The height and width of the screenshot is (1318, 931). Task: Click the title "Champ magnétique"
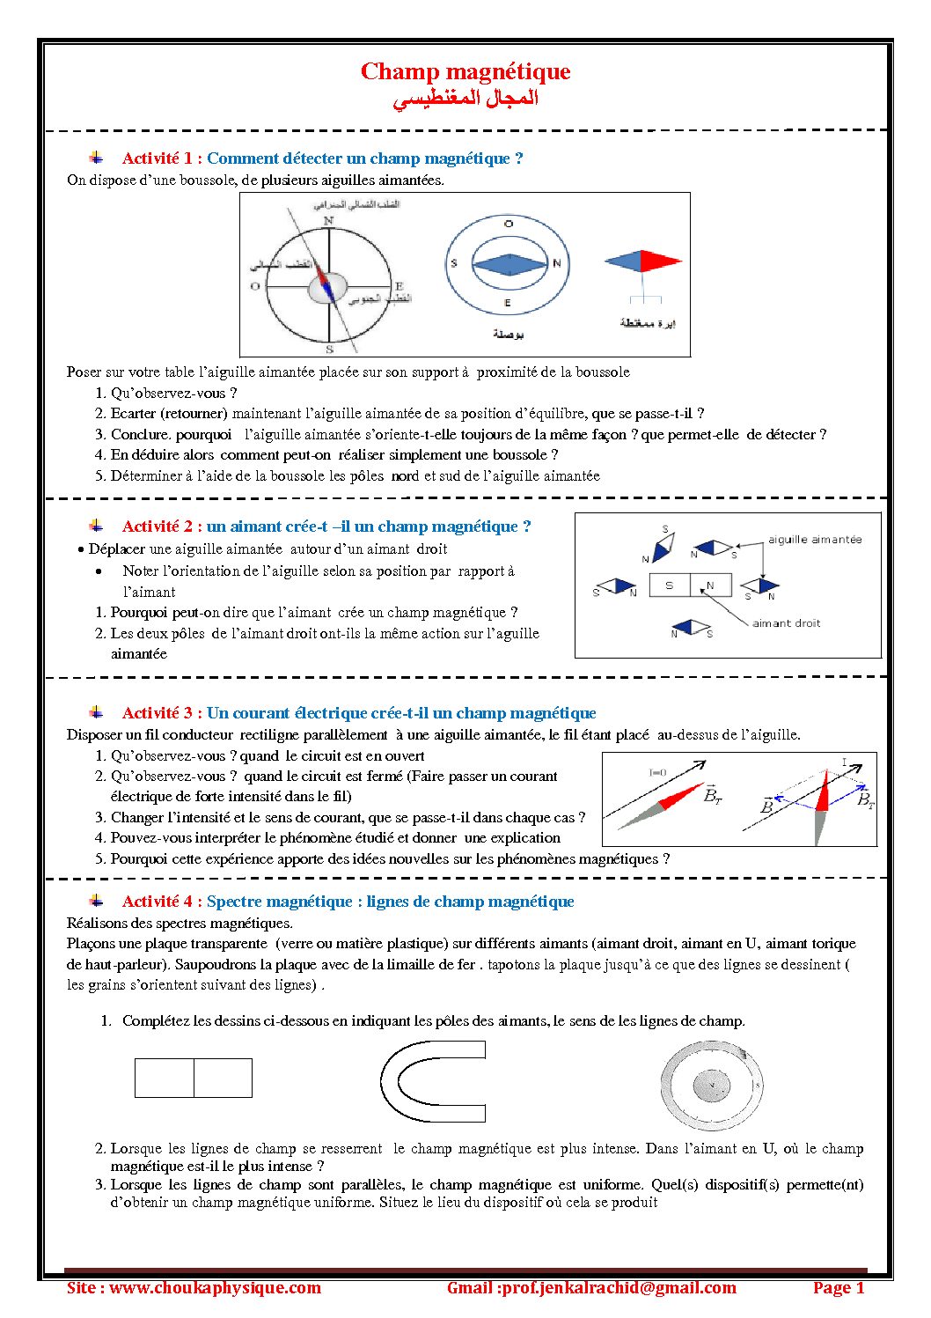click(465, 71)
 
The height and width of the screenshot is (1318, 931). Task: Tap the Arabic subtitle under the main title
click(465, 98)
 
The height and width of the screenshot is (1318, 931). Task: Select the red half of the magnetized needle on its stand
click(661, 261)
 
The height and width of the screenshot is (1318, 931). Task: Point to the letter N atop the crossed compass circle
click(328, 220)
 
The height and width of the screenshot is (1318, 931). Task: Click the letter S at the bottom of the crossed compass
click(329, 350)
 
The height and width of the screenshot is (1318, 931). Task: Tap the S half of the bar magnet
click(670, 585)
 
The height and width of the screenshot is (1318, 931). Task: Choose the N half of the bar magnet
click(711, 585)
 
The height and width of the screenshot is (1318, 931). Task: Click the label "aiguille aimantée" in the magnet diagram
click(815, 540)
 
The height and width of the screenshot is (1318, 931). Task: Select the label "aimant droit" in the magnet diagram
click(786, 623)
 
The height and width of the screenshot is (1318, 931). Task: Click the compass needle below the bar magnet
click(691, 628)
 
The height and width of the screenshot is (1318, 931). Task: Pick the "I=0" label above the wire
click(657, 772)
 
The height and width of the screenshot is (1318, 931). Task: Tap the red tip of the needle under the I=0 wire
click(687, 796)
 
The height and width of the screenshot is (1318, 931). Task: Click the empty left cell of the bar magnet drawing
click(164, 1078)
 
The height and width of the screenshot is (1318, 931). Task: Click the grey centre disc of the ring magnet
click(711, 1086)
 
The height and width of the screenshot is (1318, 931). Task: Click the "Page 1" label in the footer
click(838, 1288)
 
